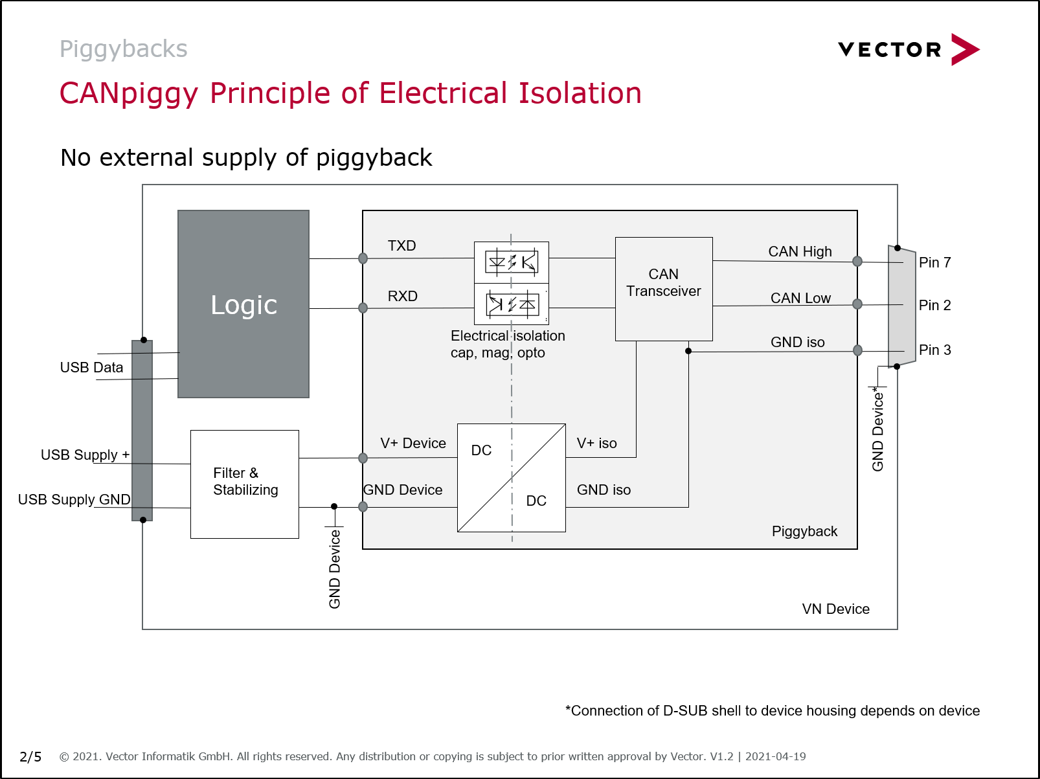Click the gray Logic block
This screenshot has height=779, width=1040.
pyautogui.click(x=243, y=304)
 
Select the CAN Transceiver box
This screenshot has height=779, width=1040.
pyautogui.click(x=664, y=289)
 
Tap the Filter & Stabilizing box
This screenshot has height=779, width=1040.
pyautogui.click(x=245, y=484)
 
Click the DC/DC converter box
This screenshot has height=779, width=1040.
pyautogui.click(x=512, y=478)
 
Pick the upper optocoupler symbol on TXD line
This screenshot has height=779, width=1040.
pyautogui.click(x=512, y=262)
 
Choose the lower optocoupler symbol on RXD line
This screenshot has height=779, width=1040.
pyautogui.click(x=512, y=304)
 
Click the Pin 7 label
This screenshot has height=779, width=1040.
pyautogui.click(x=934, y=262)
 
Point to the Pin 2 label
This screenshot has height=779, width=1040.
pyautogui.click(x=934, y=305)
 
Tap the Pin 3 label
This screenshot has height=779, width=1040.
pyautogui.click(x=934, y=350)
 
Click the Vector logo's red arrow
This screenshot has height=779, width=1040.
pyautogui.click(x=964, y=49)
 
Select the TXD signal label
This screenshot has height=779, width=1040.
pyautogui.click(x=401, y=245)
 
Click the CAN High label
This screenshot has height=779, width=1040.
pyautogui.click(x=800, y=251)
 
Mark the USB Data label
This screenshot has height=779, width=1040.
pyautogui.click(x=91, y=367)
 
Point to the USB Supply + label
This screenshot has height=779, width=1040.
pyautogui.click(x=85, y=455)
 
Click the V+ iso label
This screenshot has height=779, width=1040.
pyautogui.click(x=596, y=443)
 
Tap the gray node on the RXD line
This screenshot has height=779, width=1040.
pyautogui.click(x=363, y=308)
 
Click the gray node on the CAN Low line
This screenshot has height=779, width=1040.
pyautogui.click(x=857, y=304)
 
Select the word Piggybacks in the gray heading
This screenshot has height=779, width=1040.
pyautogui.click(x=124, y=49)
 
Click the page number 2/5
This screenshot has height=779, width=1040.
pyautogui.click(x=30, y=756)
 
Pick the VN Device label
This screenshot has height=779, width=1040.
pyautogui.click(x=835, y=609)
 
